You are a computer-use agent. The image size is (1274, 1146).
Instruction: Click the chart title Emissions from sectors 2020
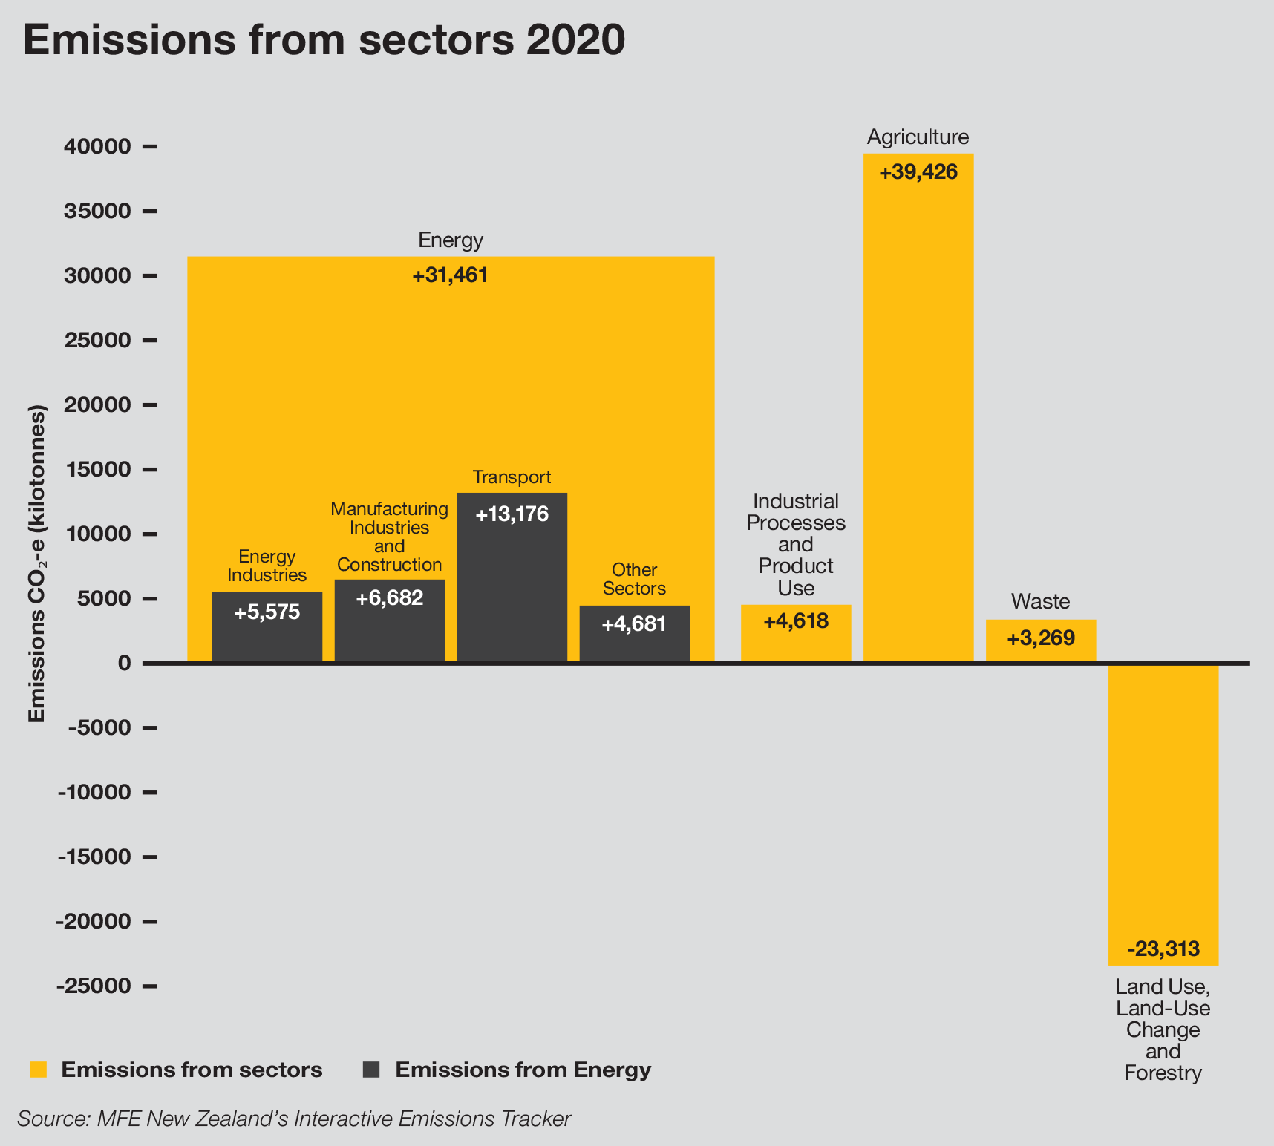coord(324,40)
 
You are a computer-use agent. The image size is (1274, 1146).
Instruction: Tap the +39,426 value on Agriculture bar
coord(918,173)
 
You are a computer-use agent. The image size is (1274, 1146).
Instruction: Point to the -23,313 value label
coord(1163,949)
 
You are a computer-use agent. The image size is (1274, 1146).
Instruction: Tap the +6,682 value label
coord(389,598)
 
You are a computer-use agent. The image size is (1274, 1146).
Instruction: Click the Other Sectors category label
coord(634,579)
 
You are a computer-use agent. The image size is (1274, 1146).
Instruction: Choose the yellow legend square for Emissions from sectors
coord(38,1070)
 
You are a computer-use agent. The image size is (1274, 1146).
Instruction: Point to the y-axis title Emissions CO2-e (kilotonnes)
coord(37,564)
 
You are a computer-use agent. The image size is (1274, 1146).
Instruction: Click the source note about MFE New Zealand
coord(294,1119)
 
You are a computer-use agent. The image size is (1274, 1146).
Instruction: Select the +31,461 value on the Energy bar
coord(450,276)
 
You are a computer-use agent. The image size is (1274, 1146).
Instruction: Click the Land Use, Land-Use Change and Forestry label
coord(1163,1029)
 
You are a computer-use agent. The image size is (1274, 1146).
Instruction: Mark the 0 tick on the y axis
coord(125,663)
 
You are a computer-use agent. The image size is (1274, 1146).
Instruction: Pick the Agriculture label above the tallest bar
coord(918,137)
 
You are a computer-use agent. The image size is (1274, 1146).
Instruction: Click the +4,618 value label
coord(796,621)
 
